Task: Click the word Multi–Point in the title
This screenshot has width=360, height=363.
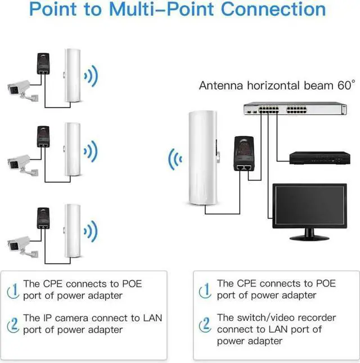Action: coord(161,9)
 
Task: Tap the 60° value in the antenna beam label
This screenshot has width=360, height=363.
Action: coord(346,85)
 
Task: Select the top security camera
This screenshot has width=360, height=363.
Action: coord(22,90)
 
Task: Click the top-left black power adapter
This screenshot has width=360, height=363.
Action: coord(43,64)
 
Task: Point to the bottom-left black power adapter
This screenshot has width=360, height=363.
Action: coord(43,218)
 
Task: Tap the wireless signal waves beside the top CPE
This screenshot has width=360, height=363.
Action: coord(91,76)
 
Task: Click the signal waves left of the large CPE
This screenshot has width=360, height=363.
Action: coord(175,159)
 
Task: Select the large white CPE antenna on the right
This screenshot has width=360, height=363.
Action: coord(204,158)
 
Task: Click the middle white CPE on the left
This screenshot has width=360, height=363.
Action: coord(73,149)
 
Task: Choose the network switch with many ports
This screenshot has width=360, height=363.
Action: coord(295,109)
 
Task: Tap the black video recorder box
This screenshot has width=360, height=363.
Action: coord(319,158)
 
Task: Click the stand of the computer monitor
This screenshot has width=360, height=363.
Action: coord(309,235)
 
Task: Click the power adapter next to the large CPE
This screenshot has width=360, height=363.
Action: coord(244,154)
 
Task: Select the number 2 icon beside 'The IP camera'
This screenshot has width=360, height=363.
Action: coord(13,325)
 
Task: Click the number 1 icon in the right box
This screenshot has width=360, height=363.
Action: coord(205,290)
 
